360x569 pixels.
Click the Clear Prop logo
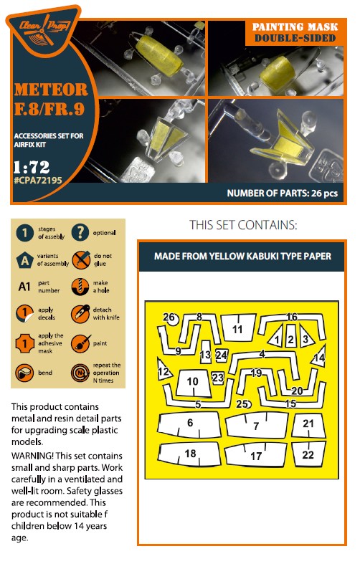pyautogui.click(x=43, y=30)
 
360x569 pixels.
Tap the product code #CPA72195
pyautogui.click(x=38, y=181)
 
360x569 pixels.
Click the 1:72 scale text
pyautogui.click(x=32, y=167)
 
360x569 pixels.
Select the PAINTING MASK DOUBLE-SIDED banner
pyautogui.click(x=294, y=32)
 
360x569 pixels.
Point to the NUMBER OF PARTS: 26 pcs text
pyautogui.click(x=283, y=193)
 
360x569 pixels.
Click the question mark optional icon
pyautogui.click(x=80, y=233)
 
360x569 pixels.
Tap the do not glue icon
pyautogui.click(x=80, y=259)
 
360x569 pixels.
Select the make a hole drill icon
pyautogui.click(x=80, y=287)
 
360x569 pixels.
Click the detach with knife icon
pyautogui.click(x=80, y=314)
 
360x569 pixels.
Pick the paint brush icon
pyautogui.click(x=80, y=343)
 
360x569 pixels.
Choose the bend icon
pyautogui.click(x=24, y=373)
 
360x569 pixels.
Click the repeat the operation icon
pyautogui.click(x=80, y=373)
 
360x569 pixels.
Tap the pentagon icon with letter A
pyautogui.click(x=24, y=260)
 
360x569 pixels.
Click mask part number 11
pyautogui.click(x=238, y=327)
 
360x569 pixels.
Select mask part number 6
pyautogui.click(x=189, y=424)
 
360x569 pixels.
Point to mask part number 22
pyautogui.click(x=308, y=454)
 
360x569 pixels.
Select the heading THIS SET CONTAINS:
pyautogui.click(x=243, y=225)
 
